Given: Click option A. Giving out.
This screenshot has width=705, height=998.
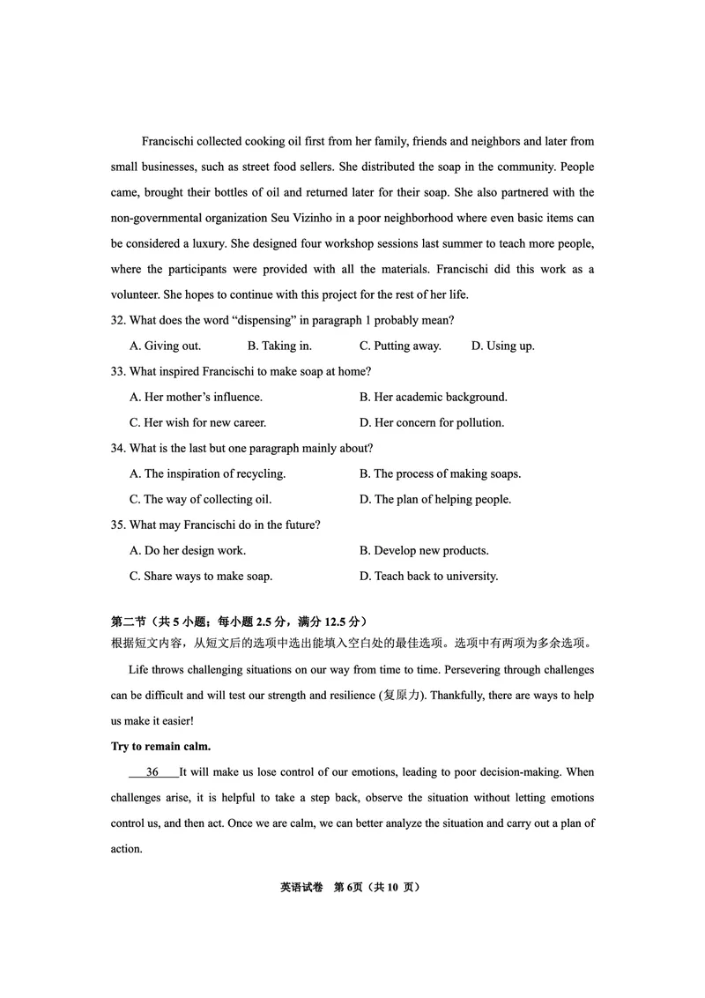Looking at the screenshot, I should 165,346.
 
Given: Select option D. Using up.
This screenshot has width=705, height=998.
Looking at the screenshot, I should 502,346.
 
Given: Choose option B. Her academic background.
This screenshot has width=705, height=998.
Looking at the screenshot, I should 433,397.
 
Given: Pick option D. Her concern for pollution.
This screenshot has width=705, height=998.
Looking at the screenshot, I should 431,422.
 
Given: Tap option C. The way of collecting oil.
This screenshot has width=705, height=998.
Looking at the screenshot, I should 200,499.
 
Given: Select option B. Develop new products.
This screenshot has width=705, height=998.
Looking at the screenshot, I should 423,550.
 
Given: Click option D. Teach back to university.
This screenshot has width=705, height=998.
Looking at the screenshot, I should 428,576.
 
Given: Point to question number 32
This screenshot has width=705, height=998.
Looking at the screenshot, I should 119,320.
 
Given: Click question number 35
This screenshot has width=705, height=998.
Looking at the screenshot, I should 119,525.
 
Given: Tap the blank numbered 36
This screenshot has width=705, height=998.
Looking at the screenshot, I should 152,772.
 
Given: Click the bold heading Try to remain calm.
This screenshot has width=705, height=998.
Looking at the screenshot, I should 160,747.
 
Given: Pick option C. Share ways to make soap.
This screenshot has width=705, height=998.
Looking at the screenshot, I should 201,576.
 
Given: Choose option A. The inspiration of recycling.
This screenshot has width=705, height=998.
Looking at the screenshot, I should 207,473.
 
